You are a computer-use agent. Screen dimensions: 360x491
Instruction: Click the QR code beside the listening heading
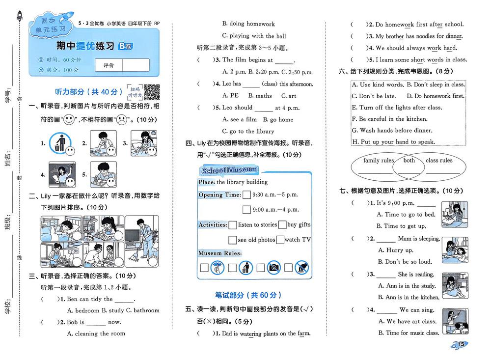pyautogui.click(x=152, y=92)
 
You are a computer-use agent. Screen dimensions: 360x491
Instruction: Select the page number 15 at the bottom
pyautogui.click(x=462, y=344)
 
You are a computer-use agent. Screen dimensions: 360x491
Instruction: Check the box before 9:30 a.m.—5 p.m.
pyautogui.click(x=246, y=194)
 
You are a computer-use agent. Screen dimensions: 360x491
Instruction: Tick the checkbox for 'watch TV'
pyautogui.click(x=280, y=240)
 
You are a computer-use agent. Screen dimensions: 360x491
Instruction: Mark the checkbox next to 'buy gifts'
pyautogui.click(x=282, y=225)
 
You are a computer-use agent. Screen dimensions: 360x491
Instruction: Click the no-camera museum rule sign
pyautogui.click(x=274, y=268)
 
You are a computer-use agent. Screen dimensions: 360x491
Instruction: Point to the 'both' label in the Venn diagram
pyautogui.click(x=409, y=161)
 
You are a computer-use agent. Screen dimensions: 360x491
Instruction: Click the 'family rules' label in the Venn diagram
pyautogui.click(x=379, y=161)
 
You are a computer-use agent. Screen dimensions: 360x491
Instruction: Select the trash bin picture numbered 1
pyautogui.click(x=59, y=142)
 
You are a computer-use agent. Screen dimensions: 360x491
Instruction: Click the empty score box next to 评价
pyautogui.click(x=136, y=65)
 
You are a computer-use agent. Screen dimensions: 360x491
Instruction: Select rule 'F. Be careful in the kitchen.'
pyautogui.click(x=389, y=119)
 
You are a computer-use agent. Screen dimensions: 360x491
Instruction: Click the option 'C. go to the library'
pyautogui.click(x=248, y=131)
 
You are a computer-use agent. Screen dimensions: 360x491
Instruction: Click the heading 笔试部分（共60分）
pyautogui.click(x=248, y=295)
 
